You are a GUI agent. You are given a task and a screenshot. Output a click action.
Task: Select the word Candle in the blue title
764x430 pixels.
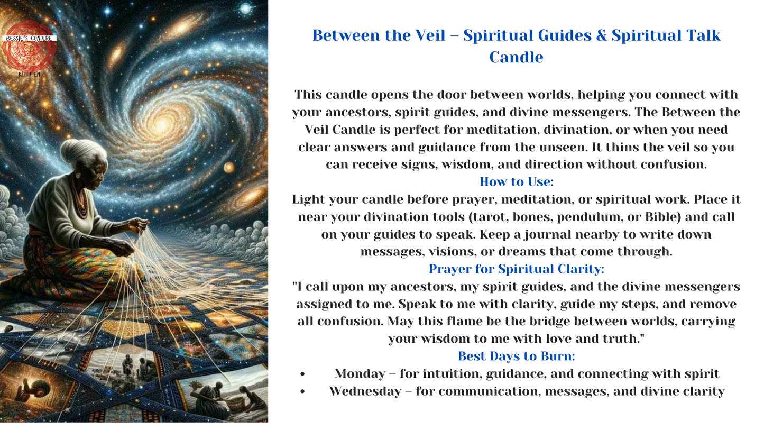516,57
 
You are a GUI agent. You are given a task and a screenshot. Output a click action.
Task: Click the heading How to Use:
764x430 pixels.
517,182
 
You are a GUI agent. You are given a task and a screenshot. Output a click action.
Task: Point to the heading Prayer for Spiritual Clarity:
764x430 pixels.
517,269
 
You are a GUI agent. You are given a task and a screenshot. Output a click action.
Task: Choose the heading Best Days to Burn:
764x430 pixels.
517,356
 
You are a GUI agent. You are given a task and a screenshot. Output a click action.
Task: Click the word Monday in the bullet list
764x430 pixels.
360,374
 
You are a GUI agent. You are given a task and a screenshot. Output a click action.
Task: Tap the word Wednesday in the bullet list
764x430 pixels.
365,391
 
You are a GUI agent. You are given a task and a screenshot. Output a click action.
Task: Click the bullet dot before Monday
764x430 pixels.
302,374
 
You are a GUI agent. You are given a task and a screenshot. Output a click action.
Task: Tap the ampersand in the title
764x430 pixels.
601,35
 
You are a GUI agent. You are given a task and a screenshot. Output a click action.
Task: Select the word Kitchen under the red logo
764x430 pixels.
29,75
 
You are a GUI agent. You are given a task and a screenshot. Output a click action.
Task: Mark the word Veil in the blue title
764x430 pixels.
430,35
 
